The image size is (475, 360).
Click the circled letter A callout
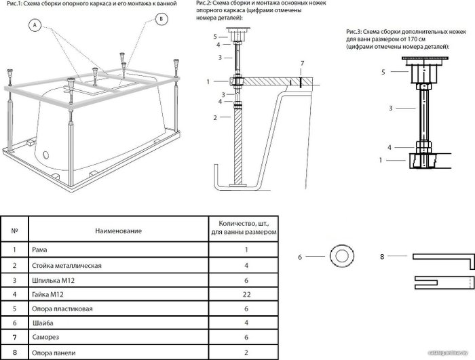pos(35,25)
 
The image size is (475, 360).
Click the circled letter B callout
pos(161,19)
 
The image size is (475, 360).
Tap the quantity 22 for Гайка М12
pos(246,295)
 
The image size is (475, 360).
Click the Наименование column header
pos(119,231)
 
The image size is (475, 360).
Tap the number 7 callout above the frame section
pos(302,64)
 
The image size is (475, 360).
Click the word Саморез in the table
pos(45,337)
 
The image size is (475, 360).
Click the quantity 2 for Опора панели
pos(246,353)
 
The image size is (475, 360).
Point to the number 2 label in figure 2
pos(215,118)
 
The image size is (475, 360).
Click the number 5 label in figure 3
pos(383,72)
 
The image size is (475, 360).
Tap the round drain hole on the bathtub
pos(45,155)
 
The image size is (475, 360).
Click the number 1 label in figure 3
pos(381,160)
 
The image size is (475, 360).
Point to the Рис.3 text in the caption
pos(354,32)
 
